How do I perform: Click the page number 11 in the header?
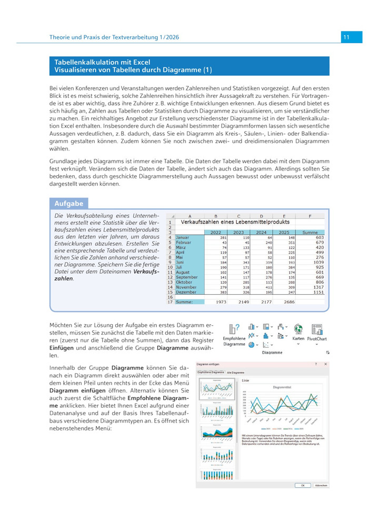[346, 37]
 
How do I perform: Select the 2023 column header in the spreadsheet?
[238, 232]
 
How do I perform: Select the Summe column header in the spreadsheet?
[310, 232]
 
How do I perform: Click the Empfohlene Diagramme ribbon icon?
[235, 330]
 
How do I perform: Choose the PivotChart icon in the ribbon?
[317, 330]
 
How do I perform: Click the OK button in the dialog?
[303, 485]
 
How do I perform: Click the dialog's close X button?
[326, 364]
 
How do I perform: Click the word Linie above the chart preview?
[246, 379]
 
